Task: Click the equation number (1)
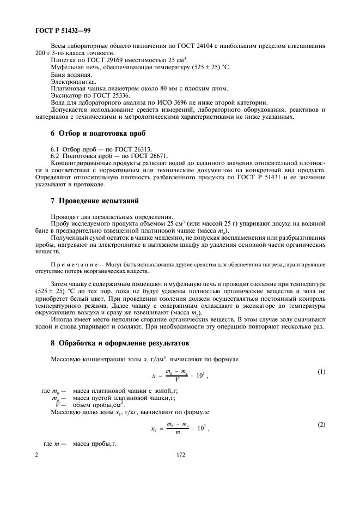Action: (x=321, y=372)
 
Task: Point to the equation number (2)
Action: (x=321, y=424)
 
